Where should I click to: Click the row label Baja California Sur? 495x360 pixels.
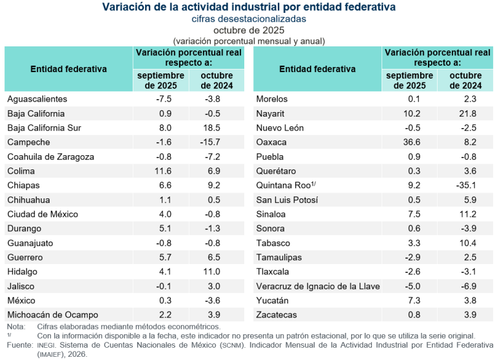(44, 128)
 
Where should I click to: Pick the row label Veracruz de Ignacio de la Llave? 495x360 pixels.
(318, 286)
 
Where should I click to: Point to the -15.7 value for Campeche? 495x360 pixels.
(214, 142)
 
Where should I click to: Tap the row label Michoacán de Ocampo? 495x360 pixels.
(52, 315)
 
